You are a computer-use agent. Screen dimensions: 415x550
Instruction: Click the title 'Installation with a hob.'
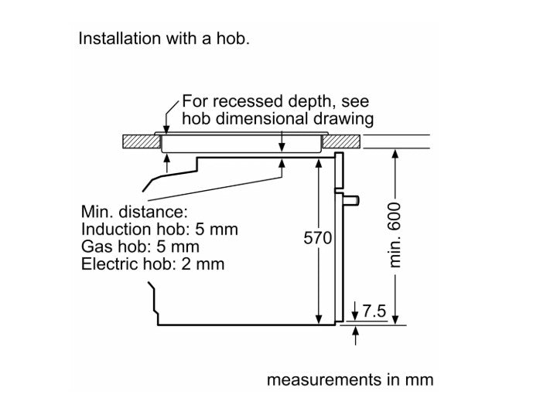163,39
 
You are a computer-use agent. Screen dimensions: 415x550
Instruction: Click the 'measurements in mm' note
350,380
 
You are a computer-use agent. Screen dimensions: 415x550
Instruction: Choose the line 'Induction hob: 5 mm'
159,230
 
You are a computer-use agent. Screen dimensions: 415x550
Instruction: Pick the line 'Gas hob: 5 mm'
140,247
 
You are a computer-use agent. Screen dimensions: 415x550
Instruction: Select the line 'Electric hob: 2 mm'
152,265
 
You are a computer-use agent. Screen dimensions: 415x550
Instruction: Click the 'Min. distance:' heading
133,212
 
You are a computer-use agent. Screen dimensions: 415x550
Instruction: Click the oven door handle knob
352,201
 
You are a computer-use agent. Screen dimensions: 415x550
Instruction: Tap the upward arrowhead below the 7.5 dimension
356,331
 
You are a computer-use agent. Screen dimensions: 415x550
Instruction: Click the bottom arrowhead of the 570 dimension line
319,318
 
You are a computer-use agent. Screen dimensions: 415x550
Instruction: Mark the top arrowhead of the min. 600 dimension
395,154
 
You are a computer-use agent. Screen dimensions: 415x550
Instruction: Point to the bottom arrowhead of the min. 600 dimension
395,318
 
